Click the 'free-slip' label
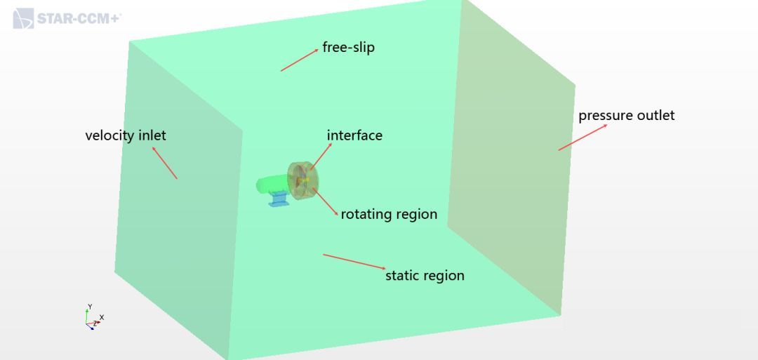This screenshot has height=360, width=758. pyautogui.click(x=348, y=48)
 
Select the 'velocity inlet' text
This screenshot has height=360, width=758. pyautogui.click(x=126, y=135)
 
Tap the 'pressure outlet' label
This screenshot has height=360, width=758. pyautogui.click(x=627, y=116)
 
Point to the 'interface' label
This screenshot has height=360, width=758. pyautogui.click(x=354, y=135)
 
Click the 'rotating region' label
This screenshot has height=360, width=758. pyautogui.click(x=389, y=214)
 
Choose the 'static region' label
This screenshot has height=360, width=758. pyautogui.click(x=425, y=275)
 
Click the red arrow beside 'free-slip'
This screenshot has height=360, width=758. pyautogui.click(x=300, y=60)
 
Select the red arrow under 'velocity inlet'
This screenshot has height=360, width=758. pyautogui.click(x=165, y=163)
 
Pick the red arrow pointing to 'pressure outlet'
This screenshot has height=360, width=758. pyautogui.click(x=583, y=138)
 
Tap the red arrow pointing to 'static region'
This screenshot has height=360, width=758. pyautogui.click(x=354, y=262)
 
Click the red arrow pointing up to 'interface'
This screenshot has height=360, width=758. pyautogui.click(x=321, y=156)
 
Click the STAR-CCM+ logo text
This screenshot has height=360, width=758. pyautogui.click(x=79, y=19)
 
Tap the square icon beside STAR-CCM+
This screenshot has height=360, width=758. pyautogui.click(x=23, y=18)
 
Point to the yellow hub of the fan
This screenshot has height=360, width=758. pyautogui.click(x=304, y=180)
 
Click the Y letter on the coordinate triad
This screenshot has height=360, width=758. pyautogui.click(x=90, y=307)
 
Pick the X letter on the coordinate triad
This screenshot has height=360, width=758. pyautogui.click(x=102, y=317)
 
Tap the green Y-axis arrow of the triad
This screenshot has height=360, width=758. pyautogui.click(x=87, y=316)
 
